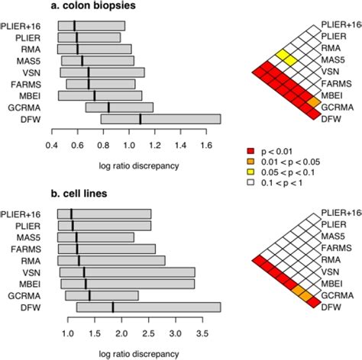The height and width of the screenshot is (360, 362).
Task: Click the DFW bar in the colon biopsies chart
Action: [160, 119]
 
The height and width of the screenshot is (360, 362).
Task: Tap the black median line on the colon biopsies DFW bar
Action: [140, 119]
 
